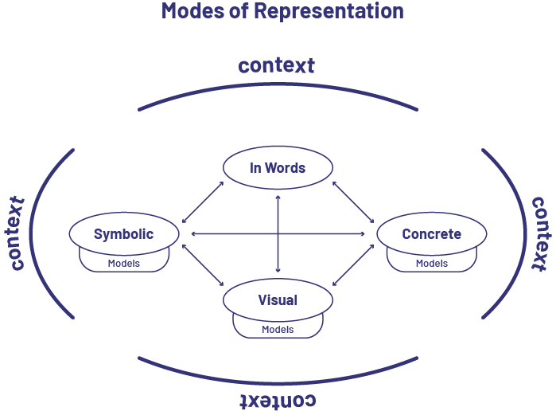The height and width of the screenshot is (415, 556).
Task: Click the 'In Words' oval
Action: (278, 168)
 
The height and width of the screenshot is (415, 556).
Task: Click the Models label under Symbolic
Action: (123, 264)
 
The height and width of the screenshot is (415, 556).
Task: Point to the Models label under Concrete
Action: (431, 264)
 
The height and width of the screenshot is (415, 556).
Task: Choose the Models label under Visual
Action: (278, 330)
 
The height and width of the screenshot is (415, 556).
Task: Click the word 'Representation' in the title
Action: (328, 11)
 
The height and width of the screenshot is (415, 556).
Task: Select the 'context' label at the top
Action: (277, 65)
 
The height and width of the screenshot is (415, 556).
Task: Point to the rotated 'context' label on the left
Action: (16, 233)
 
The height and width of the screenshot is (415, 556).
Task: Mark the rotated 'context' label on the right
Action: (540, 233)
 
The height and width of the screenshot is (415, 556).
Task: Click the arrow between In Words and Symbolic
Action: (203, 202)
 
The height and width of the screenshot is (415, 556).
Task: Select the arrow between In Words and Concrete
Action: (353, 202)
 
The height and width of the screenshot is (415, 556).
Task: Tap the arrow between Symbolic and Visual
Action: (203, 264)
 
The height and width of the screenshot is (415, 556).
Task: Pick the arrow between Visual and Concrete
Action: (353, 264)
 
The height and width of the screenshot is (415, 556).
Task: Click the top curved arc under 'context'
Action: (278, 94)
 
